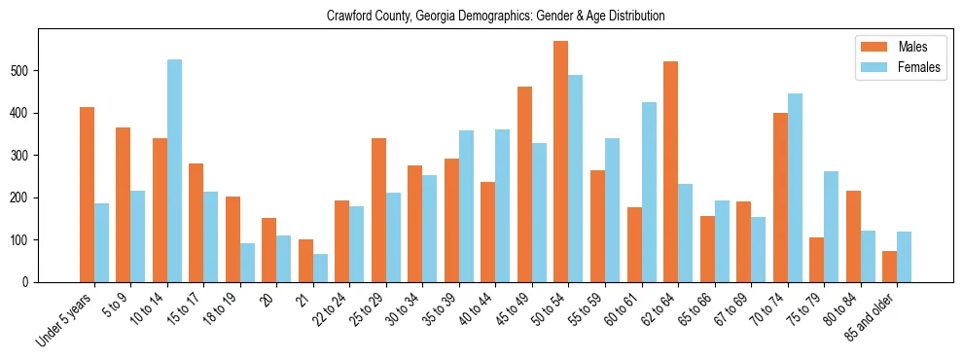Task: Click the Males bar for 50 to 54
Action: (x=561, y=162)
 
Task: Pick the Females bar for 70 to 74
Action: (x=795, y=188)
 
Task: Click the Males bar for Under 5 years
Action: (x=87, y=195)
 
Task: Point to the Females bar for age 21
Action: (x=320, y=268)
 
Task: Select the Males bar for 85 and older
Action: (x=889, y=267)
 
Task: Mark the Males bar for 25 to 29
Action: (x=378, y=210)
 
